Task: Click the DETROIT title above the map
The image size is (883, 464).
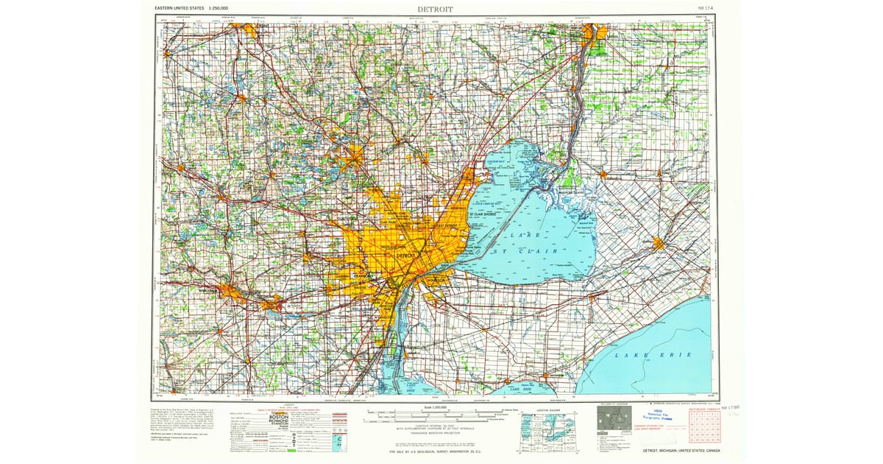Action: (x=436, y=8)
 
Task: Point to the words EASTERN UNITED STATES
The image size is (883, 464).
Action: (x=179, y=8)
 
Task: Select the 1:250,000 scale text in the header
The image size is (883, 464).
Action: (x=219, y=8)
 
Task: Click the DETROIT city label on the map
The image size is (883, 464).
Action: (x=405, y=255)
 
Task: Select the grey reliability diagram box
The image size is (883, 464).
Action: (x=614, y=419)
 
